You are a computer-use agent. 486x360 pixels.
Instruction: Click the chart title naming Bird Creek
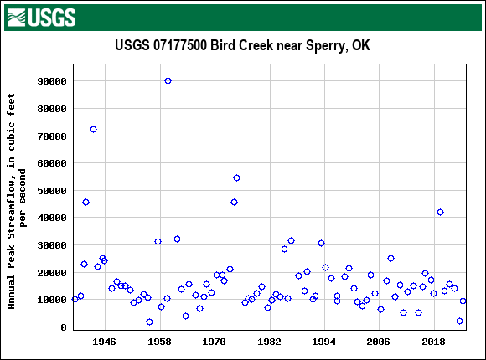click(x=242, y=45)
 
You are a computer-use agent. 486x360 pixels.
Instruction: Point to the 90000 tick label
click(x=51, y=81)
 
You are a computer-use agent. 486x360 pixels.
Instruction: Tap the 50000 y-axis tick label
click(x=51, y=191)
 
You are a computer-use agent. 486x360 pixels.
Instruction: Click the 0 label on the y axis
click(x=64, y=327)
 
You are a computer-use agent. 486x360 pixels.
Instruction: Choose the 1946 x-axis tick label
click(x=104, y=342)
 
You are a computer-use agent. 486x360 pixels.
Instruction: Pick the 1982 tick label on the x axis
click(x=269, y=342)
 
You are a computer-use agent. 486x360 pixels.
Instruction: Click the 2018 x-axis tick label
click(x=433, y=342)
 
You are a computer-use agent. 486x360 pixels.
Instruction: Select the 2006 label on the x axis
click(x=379, y=342)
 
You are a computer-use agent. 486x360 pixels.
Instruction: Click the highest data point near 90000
click(x=168, y=81)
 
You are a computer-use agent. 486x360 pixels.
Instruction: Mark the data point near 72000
click(x=93, y=129)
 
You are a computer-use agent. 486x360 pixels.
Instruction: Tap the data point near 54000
click(x=236, y=177)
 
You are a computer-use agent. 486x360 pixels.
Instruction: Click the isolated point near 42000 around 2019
click(x=440, y=212)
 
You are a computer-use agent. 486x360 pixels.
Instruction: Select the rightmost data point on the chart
click(x=463, y=301)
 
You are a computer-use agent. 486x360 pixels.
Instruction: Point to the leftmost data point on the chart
click(x=75, y=299)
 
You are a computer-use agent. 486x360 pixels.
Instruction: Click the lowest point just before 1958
click(x=149, y=321)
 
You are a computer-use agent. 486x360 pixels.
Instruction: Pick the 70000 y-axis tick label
click(x=51, y=136)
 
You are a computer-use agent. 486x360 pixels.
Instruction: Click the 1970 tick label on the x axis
click(x=215, y=342)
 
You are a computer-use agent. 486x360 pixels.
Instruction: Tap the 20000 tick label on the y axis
click(x=51, y=273)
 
